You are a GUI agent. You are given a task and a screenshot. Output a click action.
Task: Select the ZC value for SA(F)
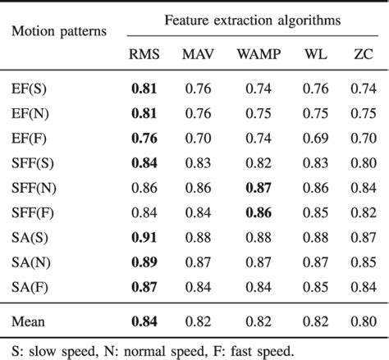click(360, 288)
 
